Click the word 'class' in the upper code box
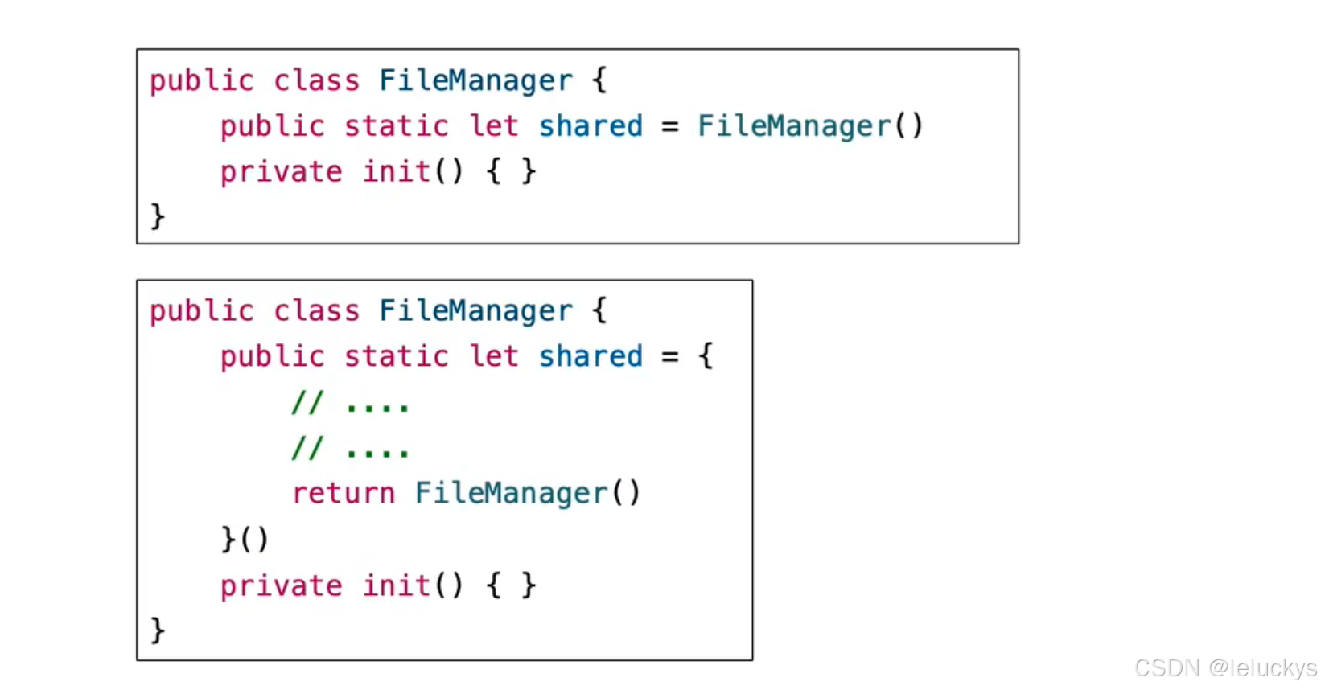pos(316,81)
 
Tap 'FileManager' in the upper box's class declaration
pos(475,81)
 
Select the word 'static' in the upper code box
pos(396,126)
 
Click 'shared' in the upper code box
pos(591,126)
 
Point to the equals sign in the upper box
pos(669,127)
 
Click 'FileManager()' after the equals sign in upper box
pos(809,126)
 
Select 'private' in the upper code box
pos(281,172)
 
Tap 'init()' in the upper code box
pos(413,172)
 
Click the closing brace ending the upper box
pos(158,216)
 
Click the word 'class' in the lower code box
pos(316,311)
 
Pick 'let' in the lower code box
pos(494,356)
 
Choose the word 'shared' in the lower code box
pos(591,356)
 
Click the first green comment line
pos(350,403)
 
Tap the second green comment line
pos(350,448)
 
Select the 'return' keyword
pos(344,493)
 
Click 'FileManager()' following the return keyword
pos(527,493)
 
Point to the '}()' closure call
pos(245,539)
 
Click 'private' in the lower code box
pos(281,586)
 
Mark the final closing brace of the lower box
pos(158,630)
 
